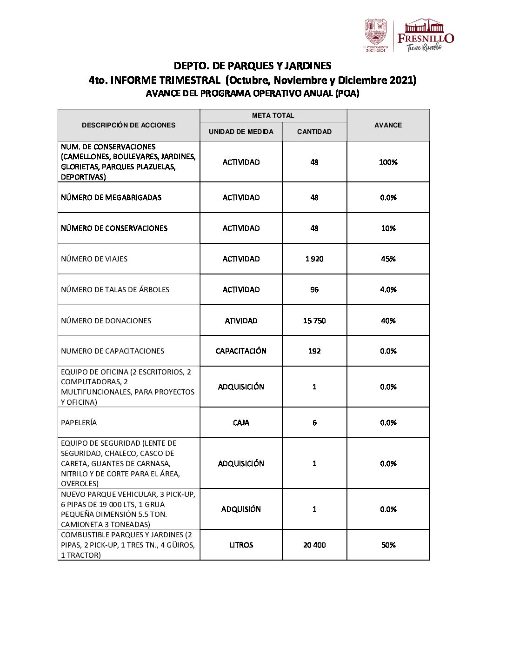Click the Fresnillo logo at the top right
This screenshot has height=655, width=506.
(x=425, y=35)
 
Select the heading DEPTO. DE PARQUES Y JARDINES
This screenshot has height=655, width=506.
(x=253, y=66)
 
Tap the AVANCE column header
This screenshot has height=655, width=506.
(x=388, y=125)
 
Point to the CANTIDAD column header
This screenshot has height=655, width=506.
(x=314, y=132)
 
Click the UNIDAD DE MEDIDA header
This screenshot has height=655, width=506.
(x=241, y=132)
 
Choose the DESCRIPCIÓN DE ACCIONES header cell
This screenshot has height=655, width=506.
(x=129, y=125)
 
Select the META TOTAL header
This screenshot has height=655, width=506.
(x=273, y=115)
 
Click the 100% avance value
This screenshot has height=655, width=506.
(x=388, y=162)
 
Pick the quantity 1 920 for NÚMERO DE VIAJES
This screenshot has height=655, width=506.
(x=314, y=259)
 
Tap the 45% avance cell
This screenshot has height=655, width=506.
(x=388, y=259)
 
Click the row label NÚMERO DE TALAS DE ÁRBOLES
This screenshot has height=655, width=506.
(x=115, y=289)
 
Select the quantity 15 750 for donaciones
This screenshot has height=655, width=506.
(x=314, y=321)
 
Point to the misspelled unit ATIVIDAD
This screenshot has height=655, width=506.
(x=241, y=321)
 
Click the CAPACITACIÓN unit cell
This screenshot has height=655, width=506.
(x=241, y=351)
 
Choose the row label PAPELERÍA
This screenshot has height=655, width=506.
(x=79, y=422)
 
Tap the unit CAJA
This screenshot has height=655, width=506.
(x=241, y=422)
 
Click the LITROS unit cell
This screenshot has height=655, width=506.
(x=241, y=545)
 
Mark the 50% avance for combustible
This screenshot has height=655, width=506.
(x=388, y=545)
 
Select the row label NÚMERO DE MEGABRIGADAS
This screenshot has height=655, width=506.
(x=111, y=197)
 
